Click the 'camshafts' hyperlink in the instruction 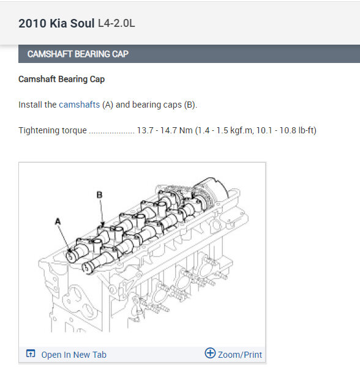click(80, 105)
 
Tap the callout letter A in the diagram click(58, 221)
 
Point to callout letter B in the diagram click(99, 194)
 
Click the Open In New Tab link click(73, 355)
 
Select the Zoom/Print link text click(240, 355)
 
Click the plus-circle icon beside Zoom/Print click(210, 353)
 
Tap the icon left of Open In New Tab click(31, 353)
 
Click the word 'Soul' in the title click(82, 23)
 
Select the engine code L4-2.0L click(116, 23)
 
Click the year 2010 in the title click(32, 23)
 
